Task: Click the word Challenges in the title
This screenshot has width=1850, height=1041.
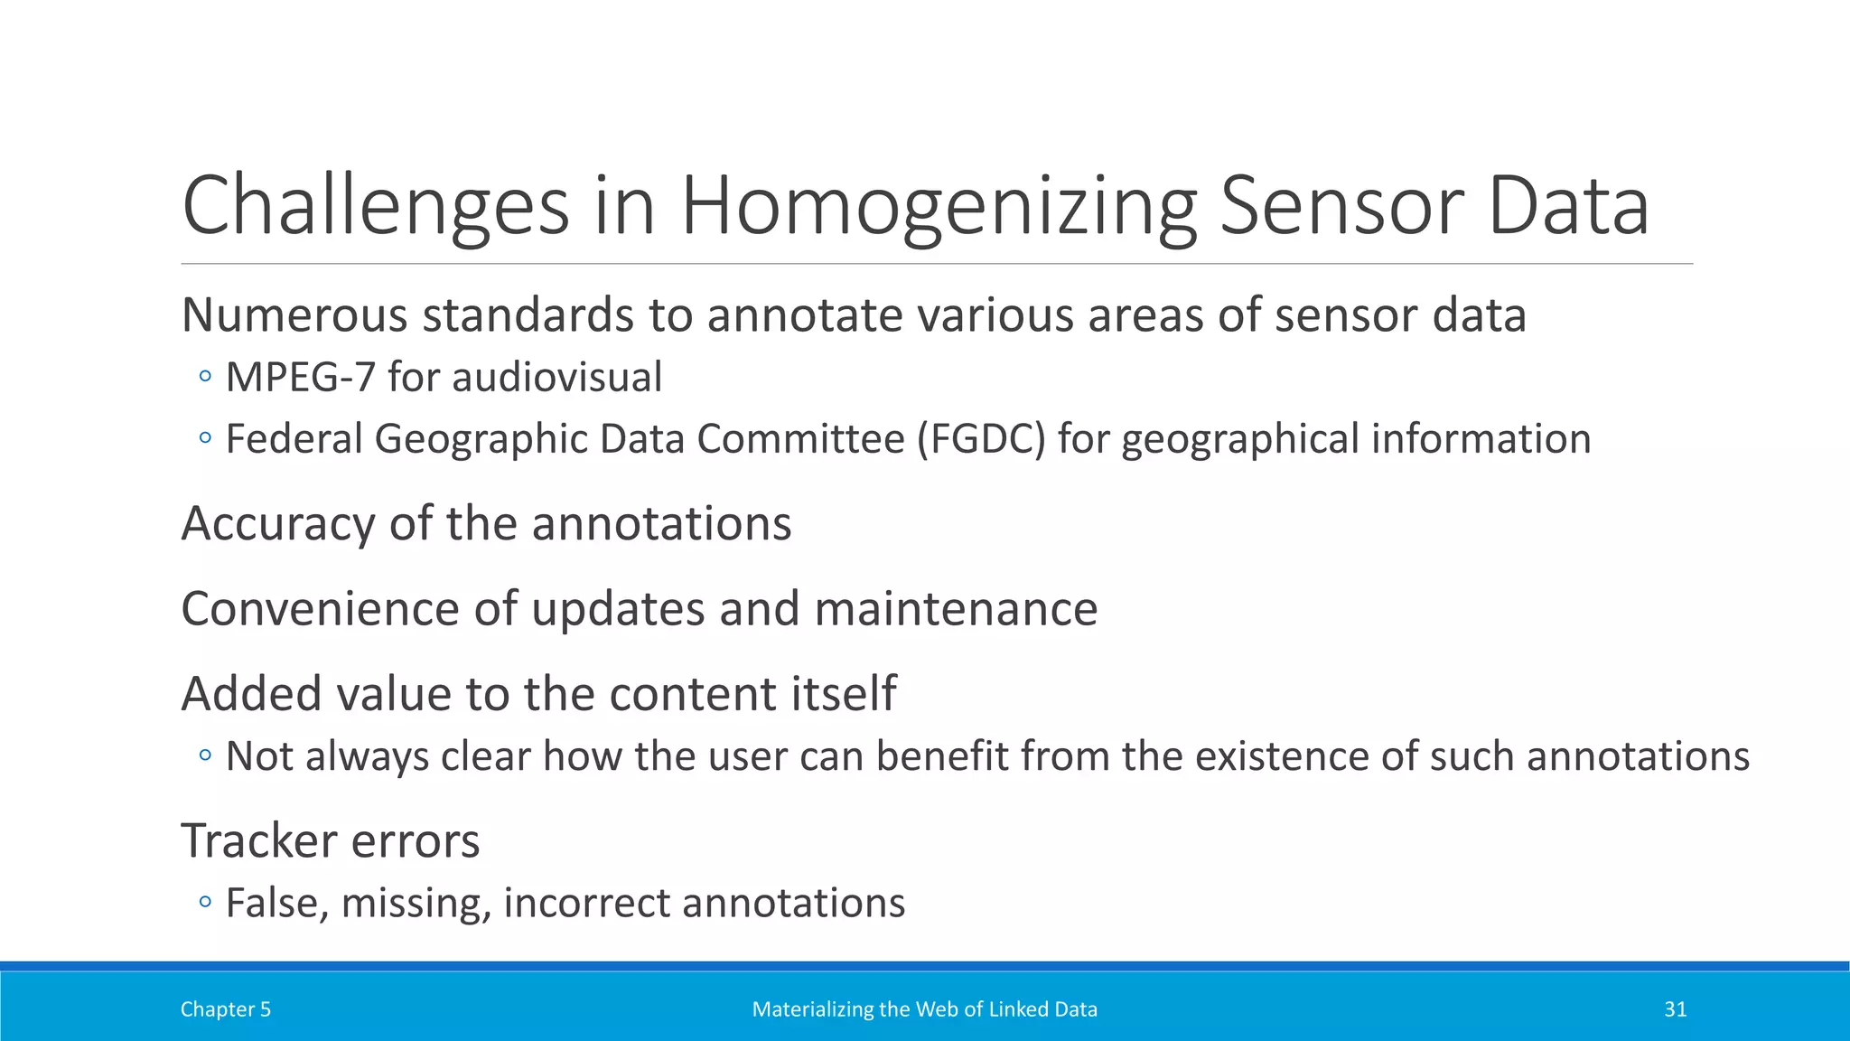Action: click(376, 208)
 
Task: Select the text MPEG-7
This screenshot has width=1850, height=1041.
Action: click(300, 378)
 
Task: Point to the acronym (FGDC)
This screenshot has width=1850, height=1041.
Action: click(981, 439)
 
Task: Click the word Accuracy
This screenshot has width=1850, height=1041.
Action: click(277, 524)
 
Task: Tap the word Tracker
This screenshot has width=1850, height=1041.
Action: click(259, 841)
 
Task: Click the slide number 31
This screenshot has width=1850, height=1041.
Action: click(1675, 1009)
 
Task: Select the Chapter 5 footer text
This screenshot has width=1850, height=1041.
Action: click(225, 1009)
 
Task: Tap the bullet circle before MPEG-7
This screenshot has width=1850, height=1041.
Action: click(205, 377)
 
